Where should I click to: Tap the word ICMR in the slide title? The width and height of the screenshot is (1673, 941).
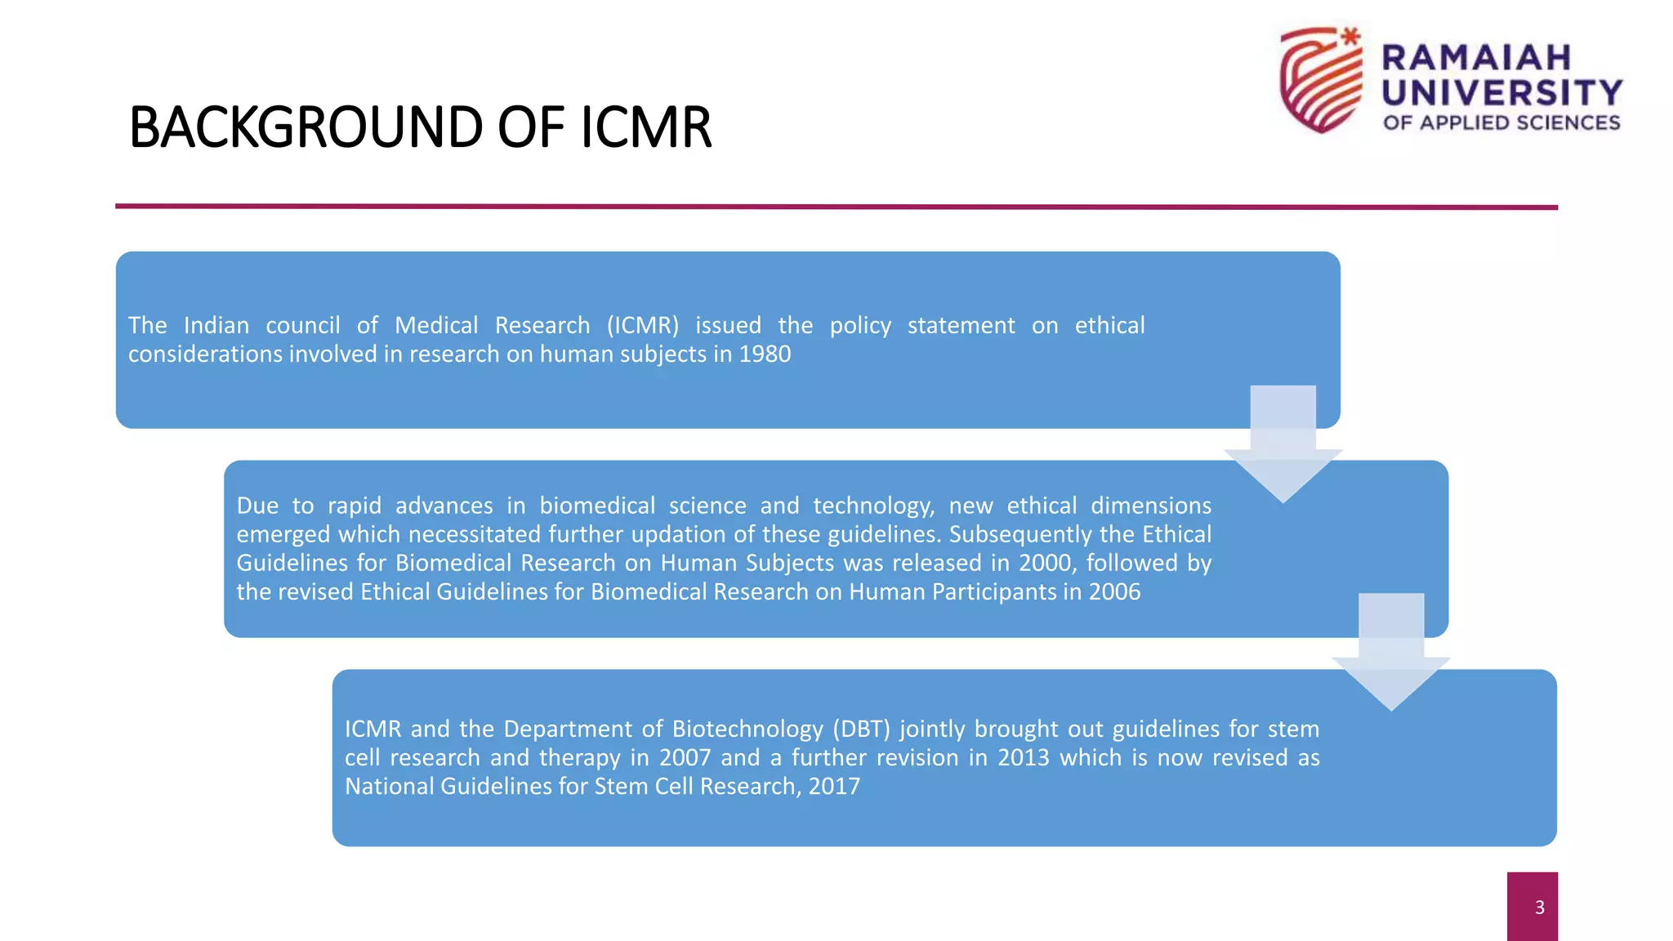point(646,127)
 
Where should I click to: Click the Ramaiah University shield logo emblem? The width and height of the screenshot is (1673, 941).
point(1320,80)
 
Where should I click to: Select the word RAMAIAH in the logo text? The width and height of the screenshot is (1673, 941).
point(1476,58)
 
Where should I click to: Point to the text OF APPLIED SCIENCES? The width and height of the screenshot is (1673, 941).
point(1501,123)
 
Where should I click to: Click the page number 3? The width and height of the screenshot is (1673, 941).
point(1539,907)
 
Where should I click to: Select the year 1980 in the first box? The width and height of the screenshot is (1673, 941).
point(765,355)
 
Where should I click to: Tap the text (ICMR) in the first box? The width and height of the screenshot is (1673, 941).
point(643,326)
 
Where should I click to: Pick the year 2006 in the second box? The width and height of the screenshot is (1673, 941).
point(1114,591)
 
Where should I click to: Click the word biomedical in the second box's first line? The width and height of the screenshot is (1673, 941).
point(597,506)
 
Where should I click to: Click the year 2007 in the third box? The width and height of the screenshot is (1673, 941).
point(685,757)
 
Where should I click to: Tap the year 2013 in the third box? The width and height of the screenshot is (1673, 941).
point(1023,757)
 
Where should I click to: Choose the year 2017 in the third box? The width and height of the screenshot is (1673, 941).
point(834,786)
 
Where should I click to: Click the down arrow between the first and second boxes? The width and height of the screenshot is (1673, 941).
point(1283,445)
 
